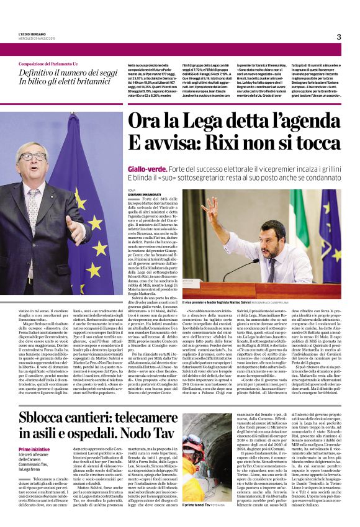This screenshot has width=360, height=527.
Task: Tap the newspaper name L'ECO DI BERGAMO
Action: point(32,34)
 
